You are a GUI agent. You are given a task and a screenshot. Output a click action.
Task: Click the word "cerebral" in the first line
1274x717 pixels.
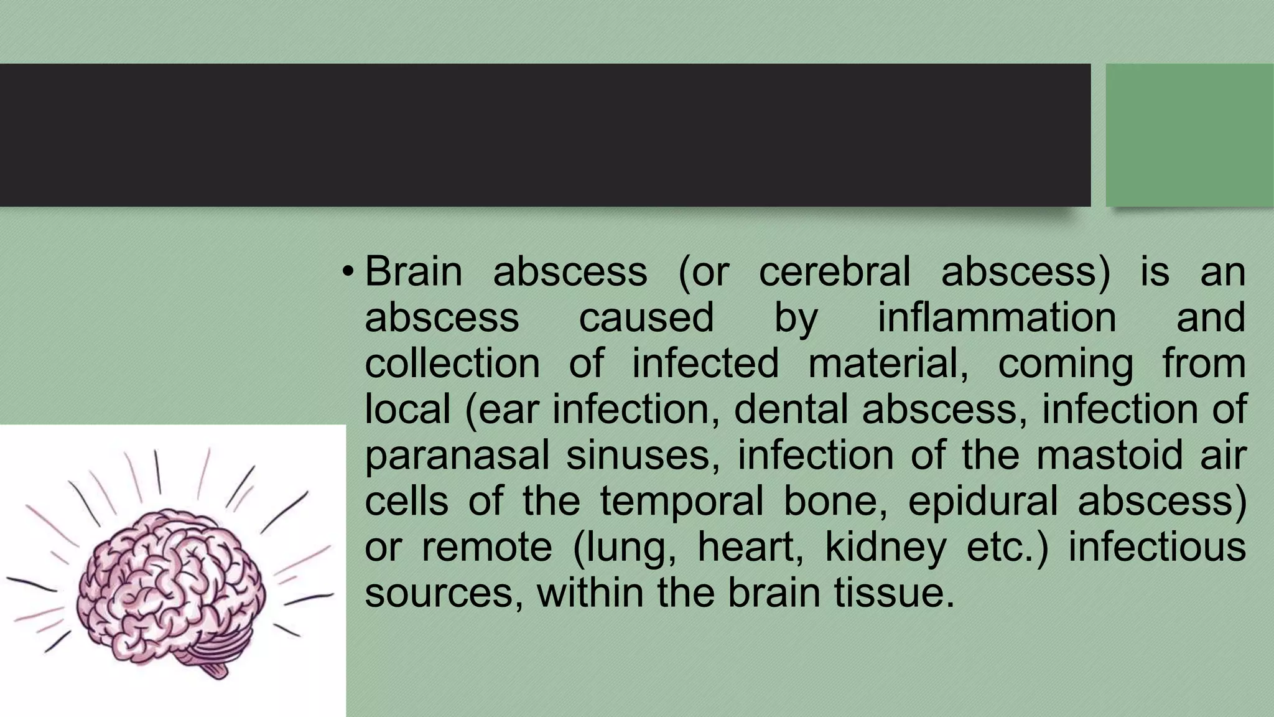tap(834, 271)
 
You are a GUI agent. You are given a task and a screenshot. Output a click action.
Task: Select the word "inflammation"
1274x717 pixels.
tap(997, 317)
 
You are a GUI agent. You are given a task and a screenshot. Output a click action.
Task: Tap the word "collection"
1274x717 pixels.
tap(452, 363)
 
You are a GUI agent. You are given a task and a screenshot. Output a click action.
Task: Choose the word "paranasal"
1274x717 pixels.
tap(457, 456)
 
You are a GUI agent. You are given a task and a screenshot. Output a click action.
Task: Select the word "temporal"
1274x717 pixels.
tap(681, 501)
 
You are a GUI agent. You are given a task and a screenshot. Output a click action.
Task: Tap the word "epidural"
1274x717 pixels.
tap(983, 501)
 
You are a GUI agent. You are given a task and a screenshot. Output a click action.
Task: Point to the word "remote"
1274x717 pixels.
tap(486, 547)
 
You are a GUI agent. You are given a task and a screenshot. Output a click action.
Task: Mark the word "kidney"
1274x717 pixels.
tap(885, 547)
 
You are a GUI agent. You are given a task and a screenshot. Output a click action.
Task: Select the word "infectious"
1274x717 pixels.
tap(1156, 547)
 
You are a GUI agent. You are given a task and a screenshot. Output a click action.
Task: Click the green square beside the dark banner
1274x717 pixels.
tap(1189, 134)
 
